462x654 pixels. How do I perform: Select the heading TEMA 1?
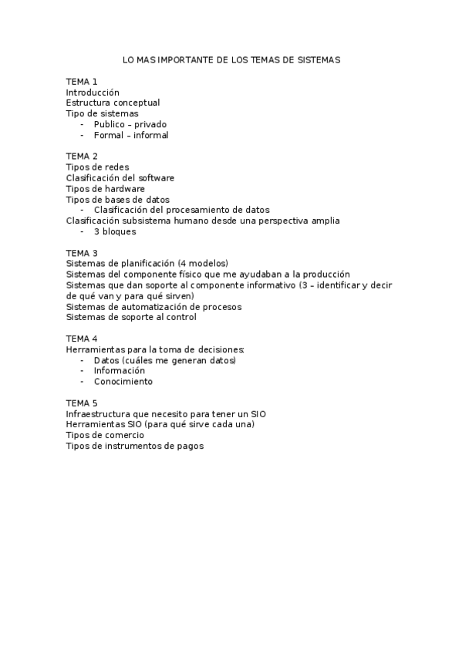click(82, 81)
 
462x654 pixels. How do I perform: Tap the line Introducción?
click(93, 92)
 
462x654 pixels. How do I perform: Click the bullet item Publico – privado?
click(130, 124)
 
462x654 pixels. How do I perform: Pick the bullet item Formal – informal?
click(130, 135)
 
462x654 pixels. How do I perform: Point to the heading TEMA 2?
click(82, 156)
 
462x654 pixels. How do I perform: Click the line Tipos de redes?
click(97, 167)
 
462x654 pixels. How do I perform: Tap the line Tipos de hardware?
click(105, 188)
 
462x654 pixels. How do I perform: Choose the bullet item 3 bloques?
click(115, 231)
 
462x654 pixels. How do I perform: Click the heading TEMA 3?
click(82, 252)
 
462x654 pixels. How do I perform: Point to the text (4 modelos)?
click(203, 263)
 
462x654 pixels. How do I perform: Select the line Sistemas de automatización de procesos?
click(153, 306)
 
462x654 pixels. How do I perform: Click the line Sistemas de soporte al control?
click(131, 317)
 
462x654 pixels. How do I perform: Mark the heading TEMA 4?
click(82, 339)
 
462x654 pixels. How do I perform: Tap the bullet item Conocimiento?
click(123, 381)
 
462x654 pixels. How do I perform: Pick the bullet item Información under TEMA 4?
click(120, 370)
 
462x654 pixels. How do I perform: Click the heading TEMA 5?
click(82, 403)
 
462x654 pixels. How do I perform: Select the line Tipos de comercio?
click(105, 435)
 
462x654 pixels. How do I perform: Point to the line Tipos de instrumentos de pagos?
click(135, 446)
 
